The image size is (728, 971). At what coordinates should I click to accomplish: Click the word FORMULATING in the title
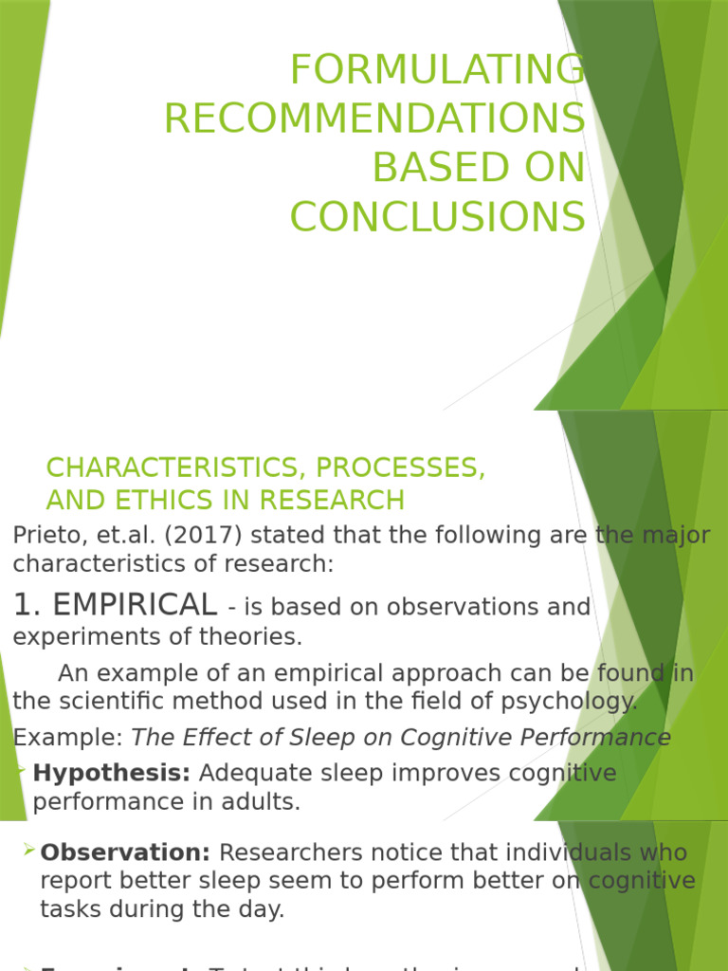click(437, 69)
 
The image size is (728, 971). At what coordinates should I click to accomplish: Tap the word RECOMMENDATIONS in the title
click(374, 119)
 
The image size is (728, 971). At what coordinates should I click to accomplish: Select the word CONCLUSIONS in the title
click(437, 217)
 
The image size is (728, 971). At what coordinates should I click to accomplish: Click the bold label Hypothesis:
click(112, 773)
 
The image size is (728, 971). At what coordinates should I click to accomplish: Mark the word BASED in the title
click(428, 168)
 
